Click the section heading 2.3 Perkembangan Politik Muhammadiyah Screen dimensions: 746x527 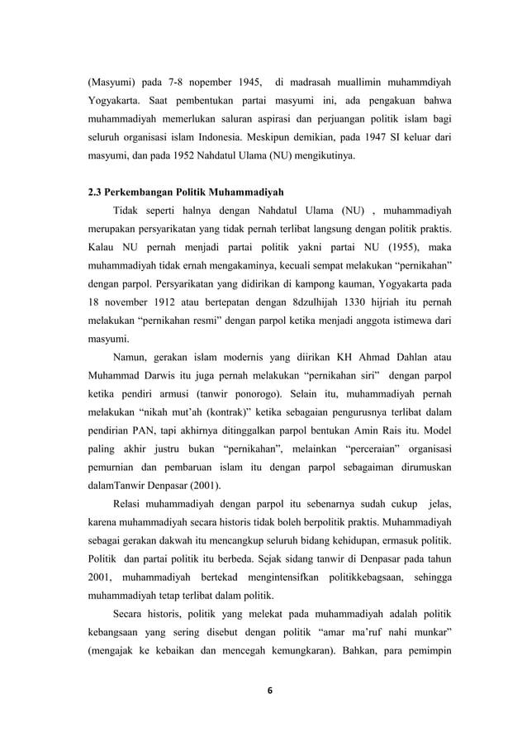pyautogui.click(x=188, y=192)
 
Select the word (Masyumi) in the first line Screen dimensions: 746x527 pyautogui.click(x=113, y=83)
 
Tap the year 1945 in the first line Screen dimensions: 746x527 pyautogui.click(x=240, y=83)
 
